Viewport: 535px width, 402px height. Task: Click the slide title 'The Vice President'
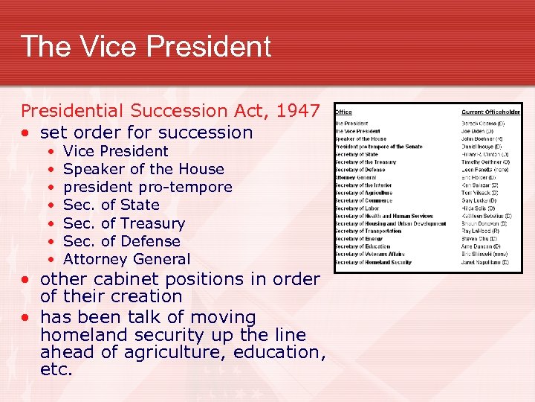tap(146, 46)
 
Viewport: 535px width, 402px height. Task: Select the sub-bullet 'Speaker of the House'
tap(143, 169)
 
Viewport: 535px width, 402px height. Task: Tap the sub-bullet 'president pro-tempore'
tap(148, 187)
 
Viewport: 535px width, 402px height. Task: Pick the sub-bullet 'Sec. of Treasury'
tap(124, 223)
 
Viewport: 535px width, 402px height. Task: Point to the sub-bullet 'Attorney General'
tap(127, 259)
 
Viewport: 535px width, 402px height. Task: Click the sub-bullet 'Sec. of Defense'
tap(122, 241)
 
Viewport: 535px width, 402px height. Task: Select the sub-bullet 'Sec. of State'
tap(111, 205)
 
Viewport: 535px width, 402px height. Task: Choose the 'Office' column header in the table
tap(343, 112)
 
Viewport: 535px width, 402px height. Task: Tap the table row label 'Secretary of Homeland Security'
tap(373, 262)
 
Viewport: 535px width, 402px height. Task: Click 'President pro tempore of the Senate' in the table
tap(378, 147)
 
